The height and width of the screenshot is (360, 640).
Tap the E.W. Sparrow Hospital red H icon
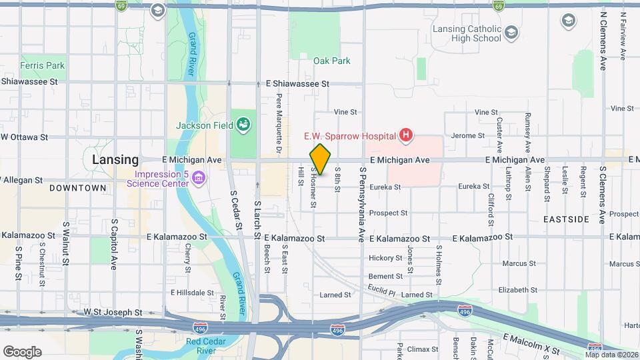click(x=405, y=136)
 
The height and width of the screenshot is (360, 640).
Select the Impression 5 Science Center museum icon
click(x=199, y=177)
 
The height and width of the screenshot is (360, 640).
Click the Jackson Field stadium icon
click(x=243, y=125)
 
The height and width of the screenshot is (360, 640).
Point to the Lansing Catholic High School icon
click(x=511, y=33)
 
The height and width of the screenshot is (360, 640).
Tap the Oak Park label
click(x=332, y=61)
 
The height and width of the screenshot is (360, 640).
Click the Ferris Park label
click(x=43, y=66)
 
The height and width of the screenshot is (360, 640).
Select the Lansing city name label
click(x=115, y=160)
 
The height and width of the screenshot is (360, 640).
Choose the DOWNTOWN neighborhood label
click(x=77, y=188)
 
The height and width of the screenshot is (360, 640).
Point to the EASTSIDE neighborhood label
click(x=566, y=219)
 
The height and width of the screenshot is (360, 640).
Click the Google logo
click(x=22, y=352)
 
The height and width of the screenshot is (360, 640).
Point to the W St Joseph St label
click(x=113, y=312)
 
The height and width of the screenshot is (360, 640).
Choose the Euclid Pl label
click(x=381, y=289)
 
